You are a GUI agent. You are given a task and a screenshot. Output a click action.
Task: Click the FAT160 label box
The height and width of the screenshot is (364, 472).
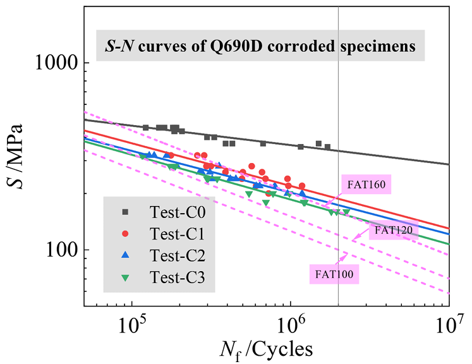pyautogui.click(x=366, y=185)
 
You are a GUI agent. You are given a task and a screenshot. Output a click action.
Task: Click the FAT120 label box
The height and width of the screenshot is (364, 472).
pyautogui.click(x=393, y=231)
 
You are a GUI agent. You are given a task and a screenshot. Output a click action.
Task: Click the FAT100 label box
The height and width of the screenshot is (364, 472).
pyautogui.click(x=335, y=274)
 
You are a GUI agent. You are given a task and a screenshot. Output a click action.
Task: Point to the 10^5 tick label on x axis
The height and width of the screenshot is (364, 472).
pyautogui.click(x=131, y=325)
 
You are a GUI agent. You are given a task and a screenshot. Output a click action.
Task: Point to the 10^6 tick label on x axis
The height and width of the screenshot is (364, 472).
pyautogui.click(x=290, y=325)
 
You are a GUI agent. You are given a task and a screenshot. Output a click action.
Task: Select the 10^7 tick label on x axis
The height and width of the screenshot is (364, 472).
pyautogui.click(x=449, y=325)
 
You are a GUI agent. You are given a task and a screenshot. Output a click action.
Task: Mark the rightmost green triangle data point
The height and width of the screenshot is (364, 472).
pyautogui.click(x=346, y=212)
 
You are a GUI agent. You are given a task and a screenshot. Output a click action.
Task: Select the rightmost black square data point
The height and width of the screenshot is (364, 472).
pyautogui.click(x=327, y=147)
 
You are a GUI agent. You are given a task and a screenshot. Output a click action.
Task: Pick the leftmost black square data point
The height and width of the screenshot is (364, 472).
pyautogui.click(x=145, y=128)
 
